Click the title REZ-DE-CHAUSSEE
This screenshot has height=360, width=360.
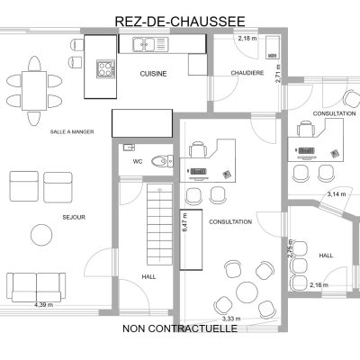[x=180, y=22]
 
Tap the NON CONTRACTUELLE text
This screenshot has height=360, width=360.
[x=180, y=328]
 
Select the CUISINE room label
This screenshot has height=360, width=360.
[x=153, y=74]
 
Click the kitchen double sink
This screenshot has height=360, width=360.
[x=143, y=44]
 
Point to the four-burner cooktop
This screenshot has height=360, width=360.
[x=105, y=69]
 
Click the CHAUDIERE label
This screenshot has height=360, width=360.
[x=247, y=73]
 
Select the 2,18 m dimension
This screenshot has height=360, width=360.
[x=247, y=38]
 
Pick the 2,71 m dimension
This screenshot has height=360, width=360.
[x=278, y=74]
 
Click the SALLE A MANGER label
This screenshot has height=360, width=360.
[x=72, y=131]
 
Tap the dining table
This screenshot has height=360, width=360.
[x=34, y=91]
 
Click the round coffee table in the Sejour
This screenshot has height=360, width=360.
[x=41, y=235]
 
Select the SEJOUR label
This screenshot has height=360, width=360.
[x=74, y=217]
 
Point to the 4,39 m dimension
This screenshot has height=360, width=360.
[x=44, y=305]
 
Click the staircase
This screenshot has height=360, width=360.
[x=159, y=224]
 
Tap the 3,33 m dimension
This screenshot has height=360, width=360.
[x=231, y=319]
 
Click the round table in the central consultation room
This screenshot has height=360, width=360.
[x=247, y=292]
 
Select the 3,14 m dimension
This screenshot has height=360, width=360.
[x=337, y=194]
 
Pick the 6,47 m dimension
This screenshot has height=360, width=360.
[x=184, y=222]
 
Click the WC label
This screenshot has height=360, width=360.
[x=138, y=162]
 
